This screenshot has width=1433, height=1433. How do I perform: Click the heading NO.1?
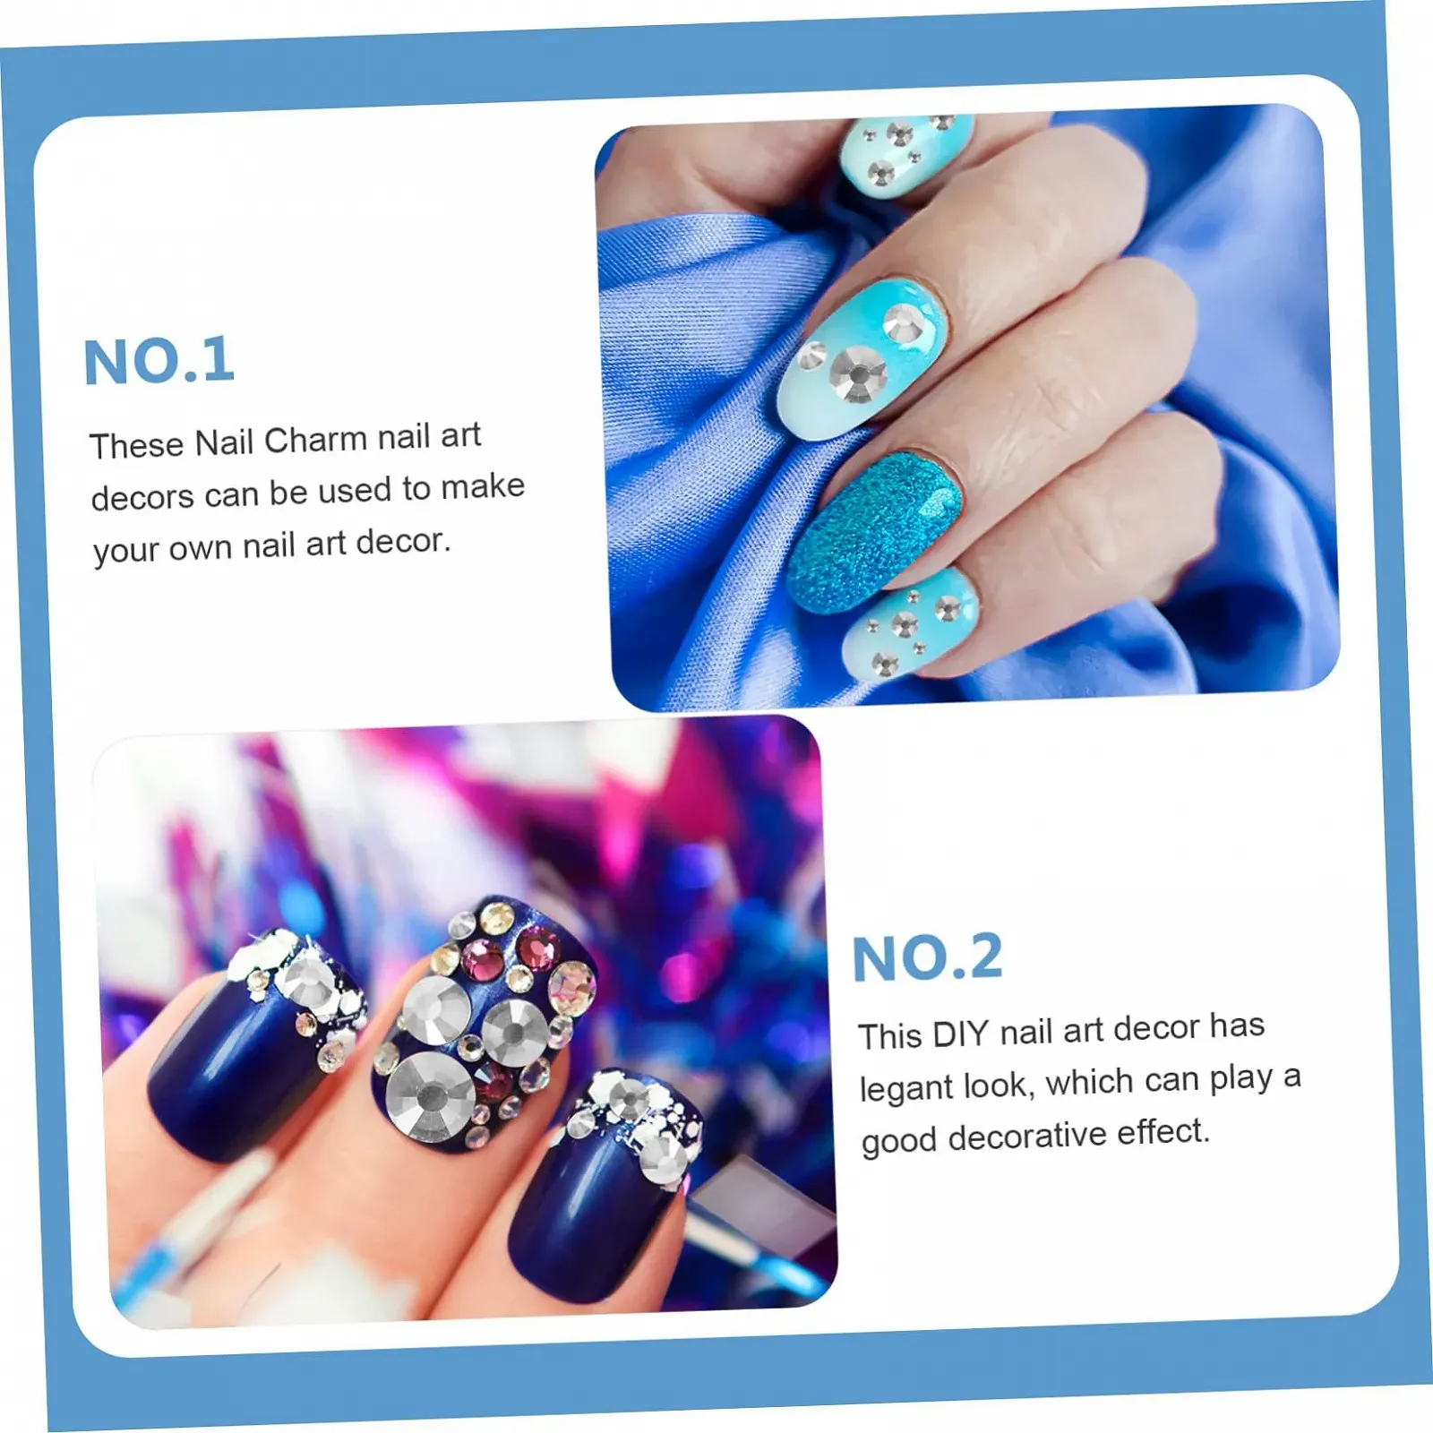(159, 361)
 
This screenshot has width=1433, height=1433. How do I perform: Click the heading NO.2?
(927, 957)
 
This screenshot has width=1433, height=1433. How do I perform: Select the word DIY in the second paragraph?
(960, 1034)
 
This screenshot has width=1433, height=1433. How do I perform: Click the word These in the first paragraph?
(136, 444)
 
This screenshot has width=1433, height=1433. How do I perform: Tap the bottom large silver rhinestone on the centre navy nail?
(431, 1097)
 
